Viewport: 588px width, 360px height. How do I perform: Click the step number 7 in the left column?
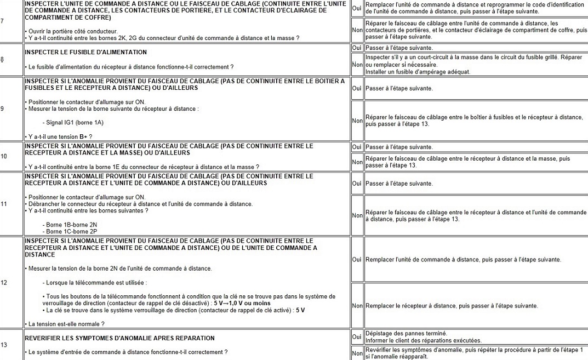tap(3, 21)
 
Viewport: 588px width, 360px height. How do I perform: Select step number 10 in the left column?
tap(4, 156)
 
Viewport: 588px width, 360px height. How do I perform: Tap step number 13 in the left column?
tap(4, 345)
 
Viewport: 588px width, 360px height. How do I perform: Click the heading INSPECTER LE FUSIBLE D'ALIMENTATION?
tap(86, 52)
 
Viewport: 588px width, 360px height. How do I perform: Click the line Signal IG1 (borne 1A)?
tap(75, 122)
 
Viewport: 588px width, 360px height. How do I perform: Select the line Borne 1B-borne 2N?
tap(70, 224)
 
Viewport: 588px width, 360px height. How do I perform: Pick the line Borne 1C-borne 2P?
tap(70, 231)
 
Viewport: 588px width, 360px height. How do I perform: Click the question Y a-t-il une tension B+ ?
tap(59, 136)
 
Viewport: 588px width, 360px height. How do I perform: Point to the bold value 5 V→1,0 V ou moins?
tap(236, 303)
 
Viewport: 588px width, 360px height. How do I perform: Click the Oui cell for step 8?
tap(357, 48)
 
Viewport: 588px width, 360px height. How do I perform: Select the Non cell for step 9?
tap(357, 121)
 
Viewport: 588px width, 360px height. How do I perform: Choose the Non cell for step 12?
tap(357, 306)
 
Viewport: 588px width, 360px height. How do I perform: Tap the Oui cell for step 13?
tap(357, 336)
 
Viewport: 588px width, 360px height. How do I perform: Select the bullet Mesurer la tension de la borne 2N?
tap(119, 268)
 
